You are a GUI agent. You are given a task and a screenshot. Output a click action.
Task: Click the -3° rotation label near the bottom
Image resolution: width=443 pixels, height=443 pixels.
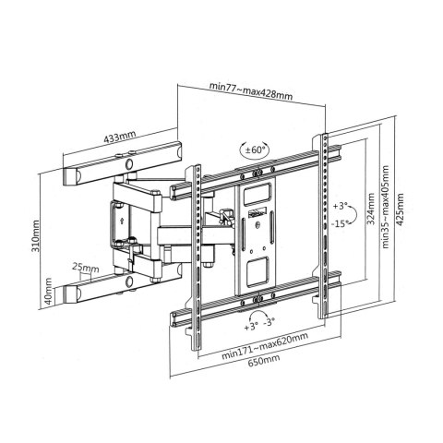pos(270,325)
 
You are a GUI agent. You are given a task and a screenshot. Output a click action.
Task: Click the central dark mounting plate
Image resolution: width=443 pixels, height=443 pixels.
pos(256,235)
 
